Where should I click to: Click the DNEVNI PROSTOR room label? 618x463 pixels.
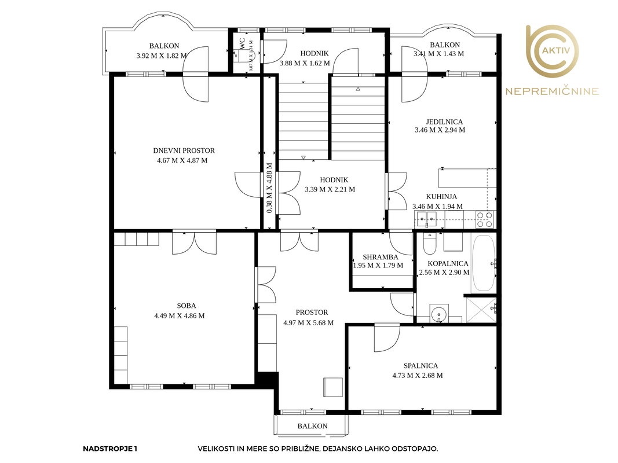coord(184,151)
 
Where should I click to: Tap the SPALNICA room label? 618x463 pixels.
coord(420,366)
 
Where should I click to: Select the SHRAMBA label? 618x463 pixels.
coord(381,257)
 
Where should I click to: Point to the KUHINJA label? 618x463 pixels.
coord(441,196)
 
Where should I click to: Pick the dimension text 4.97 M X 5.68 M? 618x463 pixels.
coord(308,323)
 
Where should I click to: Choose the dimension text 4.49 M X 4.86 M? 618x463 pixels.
coord(180,316)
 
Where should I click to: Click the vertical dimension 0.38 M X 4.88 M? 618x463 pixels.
coord(269,188)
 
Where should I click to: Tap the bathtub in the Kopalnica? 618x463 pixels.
coord(483,263)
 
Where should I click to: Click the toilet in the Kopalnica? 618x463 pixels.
coord(429,244)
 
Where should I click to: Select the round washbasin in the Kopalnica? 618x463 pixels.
coord(439,314)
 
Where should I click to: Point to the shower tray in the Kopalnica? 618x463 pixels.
coord(481,310)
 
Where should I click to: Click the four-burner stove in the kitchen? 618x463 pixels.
coord(484,220)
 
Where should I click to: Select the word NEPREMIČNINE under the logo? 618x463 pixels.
coord(552,92)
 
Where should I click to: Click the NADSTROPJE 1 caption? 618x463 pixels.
coord(110,449)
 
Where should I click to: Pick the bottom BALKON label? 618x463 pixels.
coord(313,426)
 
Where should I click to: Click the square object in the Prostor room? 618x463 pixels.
coord(333,387)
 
